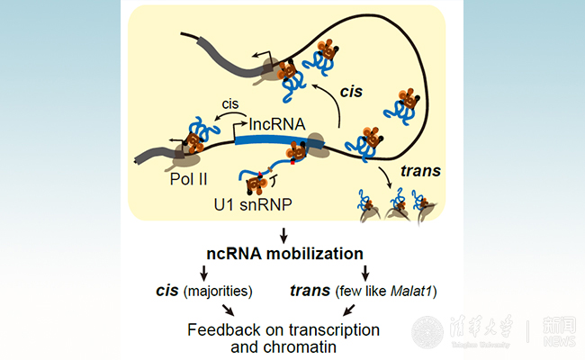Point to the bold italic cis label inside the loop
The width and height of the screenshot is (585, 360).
click(352, 92)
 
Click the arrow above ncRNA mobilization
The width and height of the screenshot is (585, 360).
click(284, 237)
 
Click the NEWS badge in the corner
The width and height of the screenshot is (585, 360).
click(558, 331)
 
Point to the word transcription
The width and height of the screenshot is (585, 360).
click(334, 329)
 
